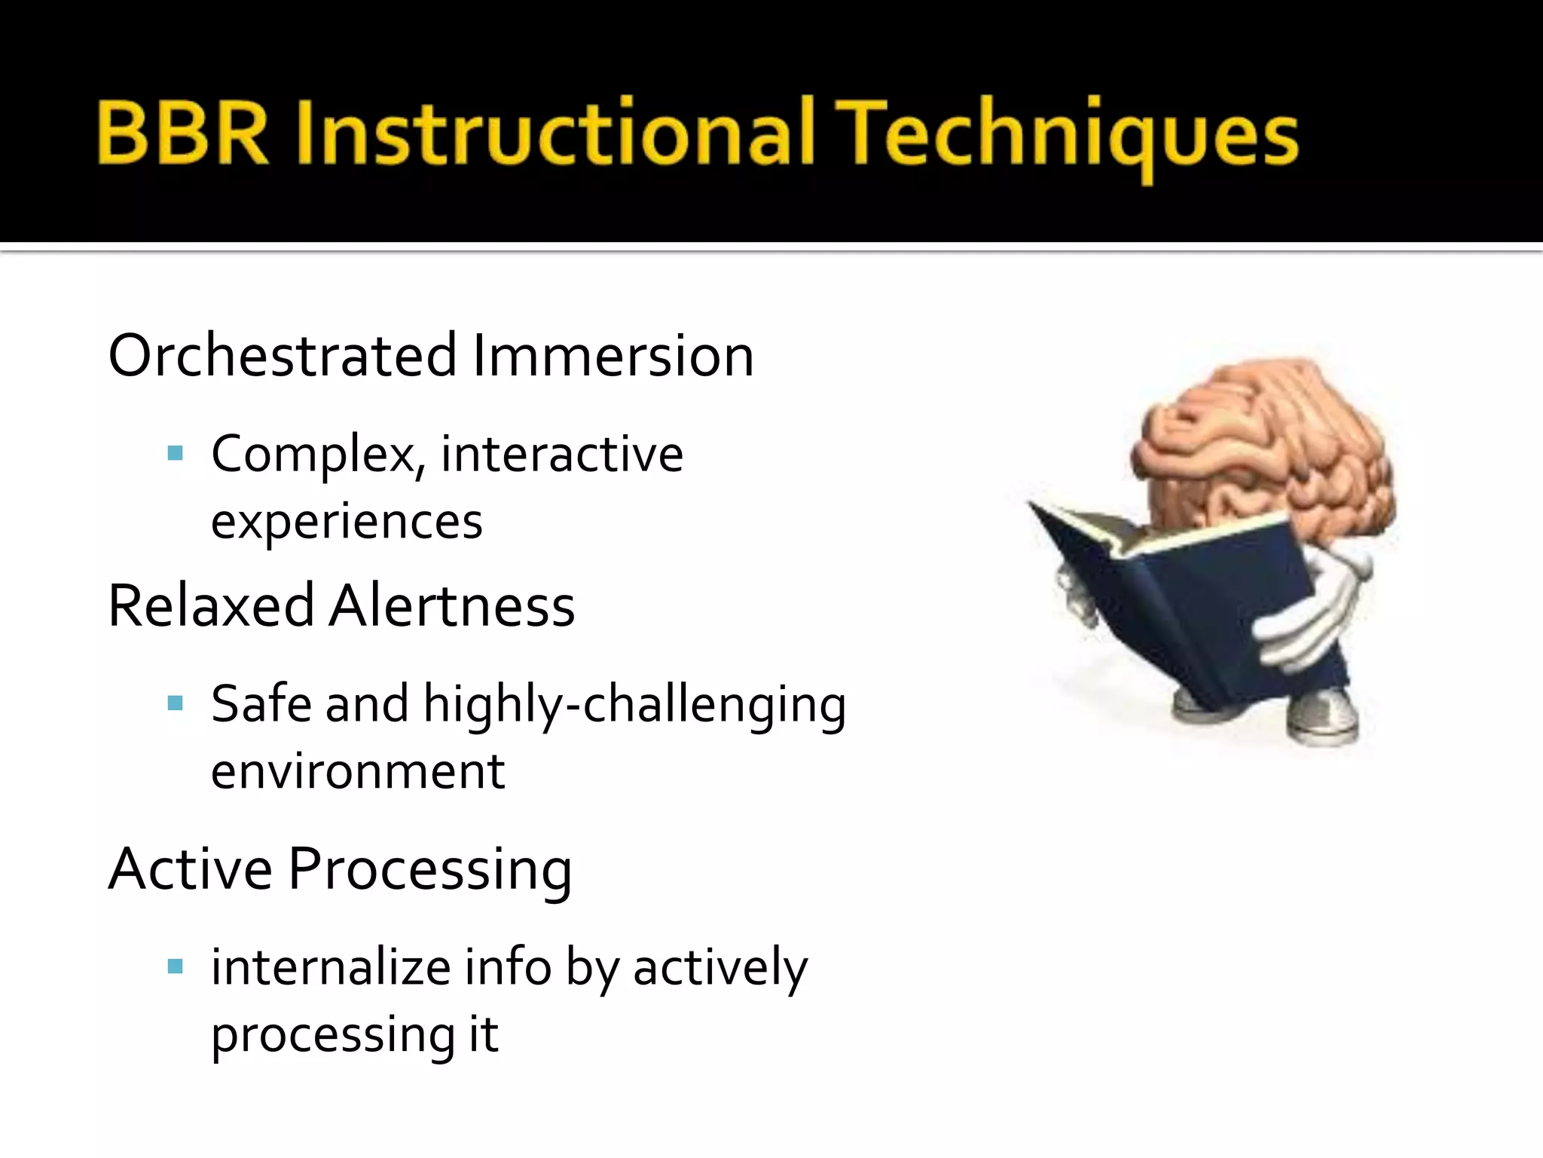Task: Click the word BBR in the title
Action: click(182, 134)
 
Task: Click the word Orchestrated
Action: click(283, 356)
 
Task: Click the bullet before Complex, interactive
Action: click(176, 453)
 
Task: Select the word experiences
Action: click(347, 522)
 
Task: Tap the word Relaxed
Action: click(211, 606)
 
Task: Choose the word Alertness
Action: click(452, 606)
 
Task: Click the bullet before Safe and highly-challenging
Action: click(176, 703)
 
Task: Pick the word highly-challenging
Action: click(634, 705)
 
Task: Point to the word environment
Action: click(358, 772)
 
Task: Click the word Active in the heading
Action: click(190, 869)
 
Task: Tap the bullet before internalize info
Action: click(176, 967)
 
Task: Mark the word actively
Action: click(720, 968)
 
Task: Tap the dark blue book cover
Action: click(1198, 603)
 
